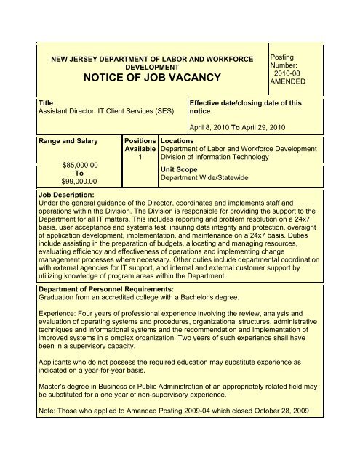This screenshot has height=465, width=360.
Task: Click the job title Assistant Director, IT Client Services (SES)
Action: tap(105, 114)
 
